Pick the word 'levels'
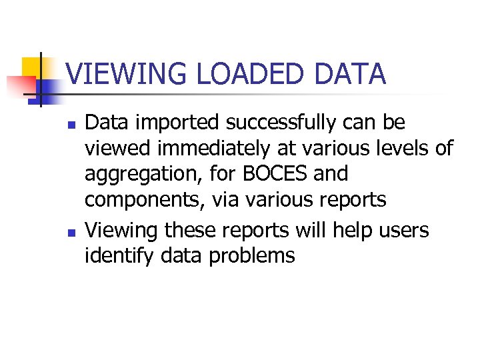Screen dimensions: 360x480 pos(403,148)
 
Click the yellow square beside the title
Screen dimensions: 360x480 pos(33,67)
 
